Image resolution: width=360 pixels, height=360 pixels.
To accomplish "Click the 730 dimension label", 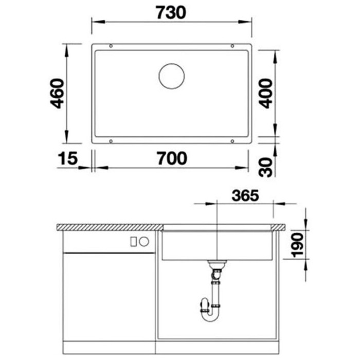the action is coord(171,13).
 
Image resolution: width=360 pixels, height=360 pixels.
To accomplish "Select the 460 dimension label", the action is coord(57,93).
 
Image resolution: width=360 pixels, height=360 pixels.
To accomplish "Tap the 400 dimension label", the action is coord(266,93).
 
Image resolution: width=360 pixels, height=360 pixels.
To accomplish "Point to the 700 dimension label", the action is coord(172,158).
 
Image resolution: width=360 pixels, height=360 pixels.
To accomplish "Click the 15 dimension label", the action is coord(68,158).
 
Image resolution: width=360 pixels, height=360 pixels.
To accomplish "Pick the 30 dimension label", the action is coord(266,167).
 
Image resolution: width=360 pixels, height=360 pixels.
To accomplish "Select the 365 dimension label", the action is coord(245,195).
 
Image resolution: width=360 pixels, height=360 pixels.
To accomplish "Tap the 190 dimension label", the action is coord(297,245).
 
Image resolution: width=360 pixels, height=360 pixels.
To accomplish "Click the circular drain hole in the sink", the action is coord(171,76).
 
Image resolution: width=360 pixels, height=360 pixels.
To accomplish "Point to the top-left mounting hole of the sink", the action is coord(111,46).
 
